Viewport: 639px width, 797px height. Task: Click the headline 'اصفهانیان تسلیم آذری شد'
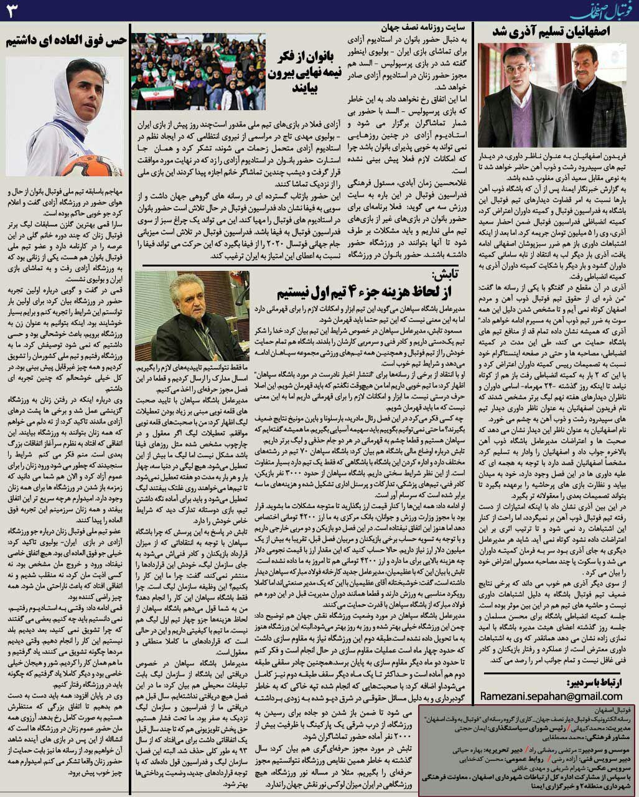coord(555,32)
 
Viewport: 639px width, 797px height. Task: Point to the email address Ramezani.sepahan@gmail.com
coord(551,696)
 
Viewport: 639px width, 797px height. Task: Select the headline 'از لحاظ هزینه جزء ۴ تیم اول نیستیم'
coord(352,293)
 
